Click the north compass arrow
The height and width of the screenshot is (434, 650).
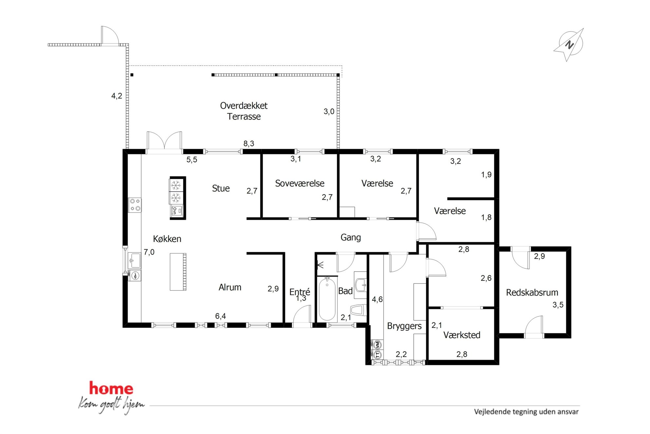569,45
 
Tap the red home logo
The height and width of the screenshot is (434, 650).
111,388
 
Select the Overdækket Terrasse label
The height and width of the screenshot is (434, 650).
244,111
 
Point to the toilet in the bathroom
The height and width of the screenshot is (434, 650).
358,310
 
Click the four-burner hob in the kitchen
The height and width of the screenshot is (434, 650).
135,205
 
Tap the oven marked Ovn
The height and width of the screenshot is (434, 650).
177,211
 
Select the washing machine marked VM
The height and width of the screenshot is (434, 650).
377,345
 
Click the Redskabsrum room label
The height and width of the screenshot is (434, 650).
532,292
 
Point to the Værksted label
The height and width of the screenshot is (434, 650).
462,335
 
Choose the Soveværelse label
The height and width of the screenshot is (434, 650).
299,183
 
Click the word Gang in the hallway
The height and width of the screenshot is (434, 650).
351,238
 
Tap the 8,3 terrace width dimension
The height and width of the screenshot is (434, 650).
249,143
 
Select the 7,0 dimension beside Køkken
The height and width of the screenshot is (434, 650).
149,252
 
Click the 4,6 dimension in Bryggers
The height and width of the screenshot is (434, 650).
377,299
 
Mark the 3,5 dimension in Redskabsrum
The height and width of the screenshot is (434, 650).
558,305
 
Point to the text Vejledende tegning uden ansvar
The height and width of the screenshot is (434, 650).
526,412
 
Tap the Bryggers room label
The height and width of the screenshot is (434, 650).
404,326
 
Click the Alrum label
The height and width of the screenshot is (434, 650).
230,287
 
